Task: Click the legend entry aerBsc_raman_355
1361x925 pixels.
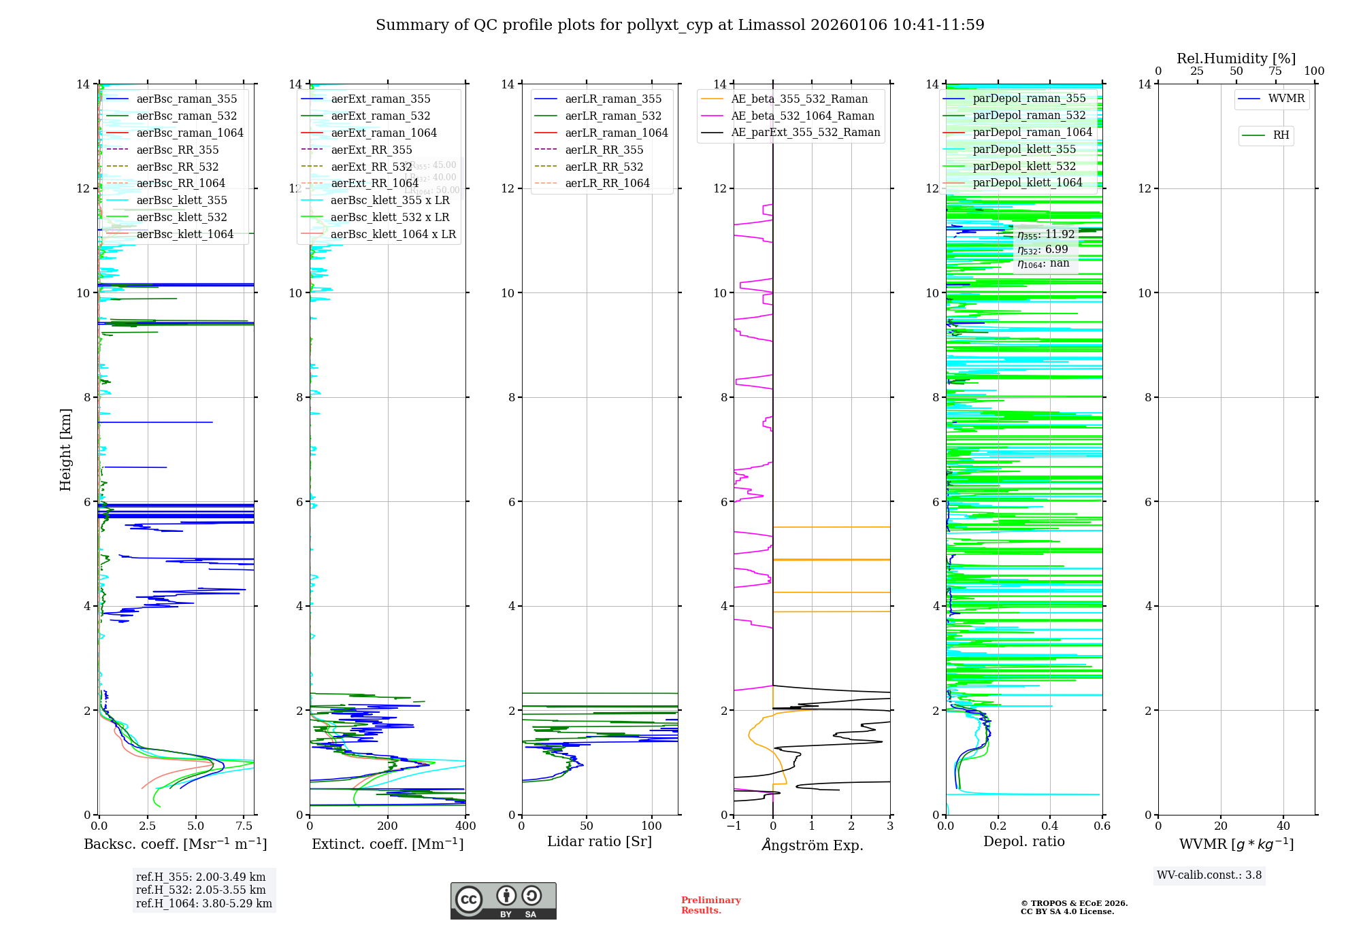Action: [x=186, y=99]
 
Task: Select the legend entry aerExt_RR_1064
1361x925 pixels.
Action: [x=374, y=184]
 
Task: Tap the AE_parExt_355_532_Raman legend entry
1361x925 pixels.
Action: [x=806, y=133]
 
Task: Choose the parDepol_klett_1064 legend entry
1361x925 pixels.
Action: [x=1027, y=183]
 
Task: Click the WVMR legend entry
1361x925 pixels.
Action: [x=1286, y=99]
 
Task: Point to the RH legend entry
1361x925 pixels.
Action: [x=1281, y=135]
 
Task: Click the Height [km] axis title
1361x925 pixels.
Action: [x=65, y=450]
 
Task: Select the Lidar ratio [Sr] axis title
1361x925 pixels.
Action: [x=600, y=842]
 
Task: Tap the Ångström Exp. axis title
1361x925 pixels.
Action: [x=812, y=845]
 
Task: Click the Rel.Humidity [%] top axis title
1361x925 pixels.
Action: [x=1236, y=58]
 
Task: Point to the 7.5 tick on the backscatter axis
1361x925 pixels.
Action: [x=244, y=826]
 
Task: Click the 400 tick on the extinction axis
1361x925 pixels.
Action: [x=465, y=826]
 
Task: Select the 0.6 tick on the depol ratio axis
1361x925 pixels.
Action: [x=1102, y=826]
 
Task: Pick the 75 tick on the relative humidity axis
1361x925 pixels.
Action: [x=1275, y=71]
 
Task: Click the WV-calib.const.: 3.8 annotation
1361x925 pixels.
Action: [x=1209, y=875]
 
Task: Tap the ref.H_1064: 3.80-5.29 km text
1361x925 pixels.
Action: [x=204, y=904]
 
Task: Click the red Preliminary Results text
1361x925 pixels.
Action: [x=710, y=905]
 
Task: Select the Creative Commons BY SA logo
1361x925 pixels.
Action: [x=503, y=901]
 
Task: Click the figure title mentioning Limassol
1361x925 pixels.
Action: [x=680, y=25]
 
